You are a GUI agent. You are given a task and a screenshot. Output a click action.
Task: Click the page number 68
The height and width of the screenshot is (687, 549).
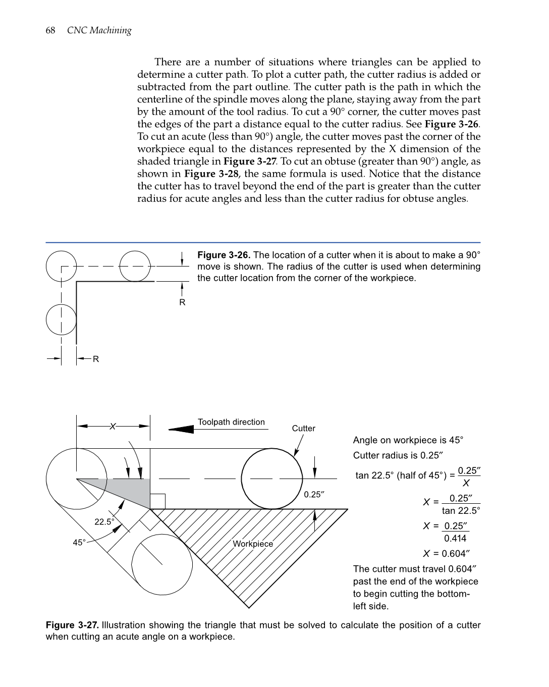[50, 30]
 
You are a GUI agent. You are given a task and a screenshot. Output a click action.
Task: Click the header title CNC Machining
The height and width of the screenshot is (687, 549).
[99, 30]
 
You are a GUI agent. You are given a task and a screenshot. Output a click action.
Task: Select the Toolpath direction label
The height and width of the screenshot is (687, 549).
[231, 422]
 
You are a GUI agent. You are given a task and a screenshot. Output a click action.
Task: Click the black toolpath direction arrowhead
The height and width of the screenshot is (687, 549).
[182, 429]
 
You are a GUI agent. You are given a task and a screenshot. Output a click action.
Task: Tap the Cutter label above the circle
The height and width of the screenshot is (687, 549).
[303, 429]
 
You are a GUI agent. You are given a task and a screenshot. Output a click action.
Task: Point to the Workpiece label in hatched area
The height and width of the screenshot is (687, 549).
[253, 544]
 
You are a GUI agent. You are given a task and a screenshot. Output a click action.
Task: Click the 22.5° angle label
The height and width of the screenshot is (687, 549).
[104, 521]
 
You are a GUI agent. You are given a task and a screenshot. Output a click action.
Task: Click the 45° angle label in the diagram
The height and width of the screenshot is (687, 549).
[79, 543]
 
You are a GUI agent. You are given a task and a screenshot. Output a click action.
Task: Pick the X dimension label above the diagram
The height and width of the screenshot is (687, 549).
[113, 427]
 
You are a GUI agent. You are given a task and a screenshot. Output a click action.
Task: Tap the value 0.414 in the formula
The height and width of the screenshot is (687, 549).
[455, 539]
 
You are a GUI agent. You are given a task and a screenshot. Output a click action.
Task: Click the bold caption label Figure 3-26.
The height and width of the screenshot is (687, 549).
[224, 255]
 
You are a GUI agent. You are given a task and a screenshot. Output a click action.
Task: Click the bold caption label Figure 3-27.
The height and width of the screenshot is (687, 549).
[72, 625]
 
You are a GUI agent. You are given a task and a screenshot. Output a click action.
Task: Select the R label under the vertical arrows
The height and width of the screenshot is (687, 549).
[182, 302]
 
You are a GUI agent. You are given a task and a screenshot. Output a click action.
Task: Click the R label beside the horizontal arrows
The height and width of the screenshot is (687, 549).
[96, 359]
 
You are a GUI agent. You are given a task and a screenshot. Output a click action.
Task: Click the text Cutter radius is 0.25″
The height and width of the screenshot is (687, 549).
[398, 455]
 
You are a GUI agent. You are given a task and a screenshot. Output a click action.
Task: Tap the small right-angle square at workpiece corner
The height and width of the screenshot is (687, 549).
[157, 501]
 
